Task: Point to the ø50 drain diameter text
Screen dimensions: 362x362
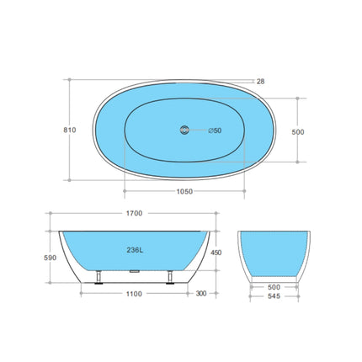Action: pos(216,130)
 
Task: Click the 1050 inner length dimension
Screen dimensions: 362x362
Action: pos(184,191)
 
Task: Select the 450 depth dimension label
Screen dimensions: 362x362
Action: pos(217,251)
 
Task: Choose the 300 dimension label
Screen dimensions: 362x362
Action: pos(200,294)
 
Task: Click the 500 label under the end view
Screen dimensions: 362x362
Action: pos(274,287)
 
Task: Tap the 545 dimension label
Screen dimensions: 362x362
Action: pos(274,297)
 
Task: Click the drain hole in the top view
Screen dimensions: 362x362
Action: pos(182,130)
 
